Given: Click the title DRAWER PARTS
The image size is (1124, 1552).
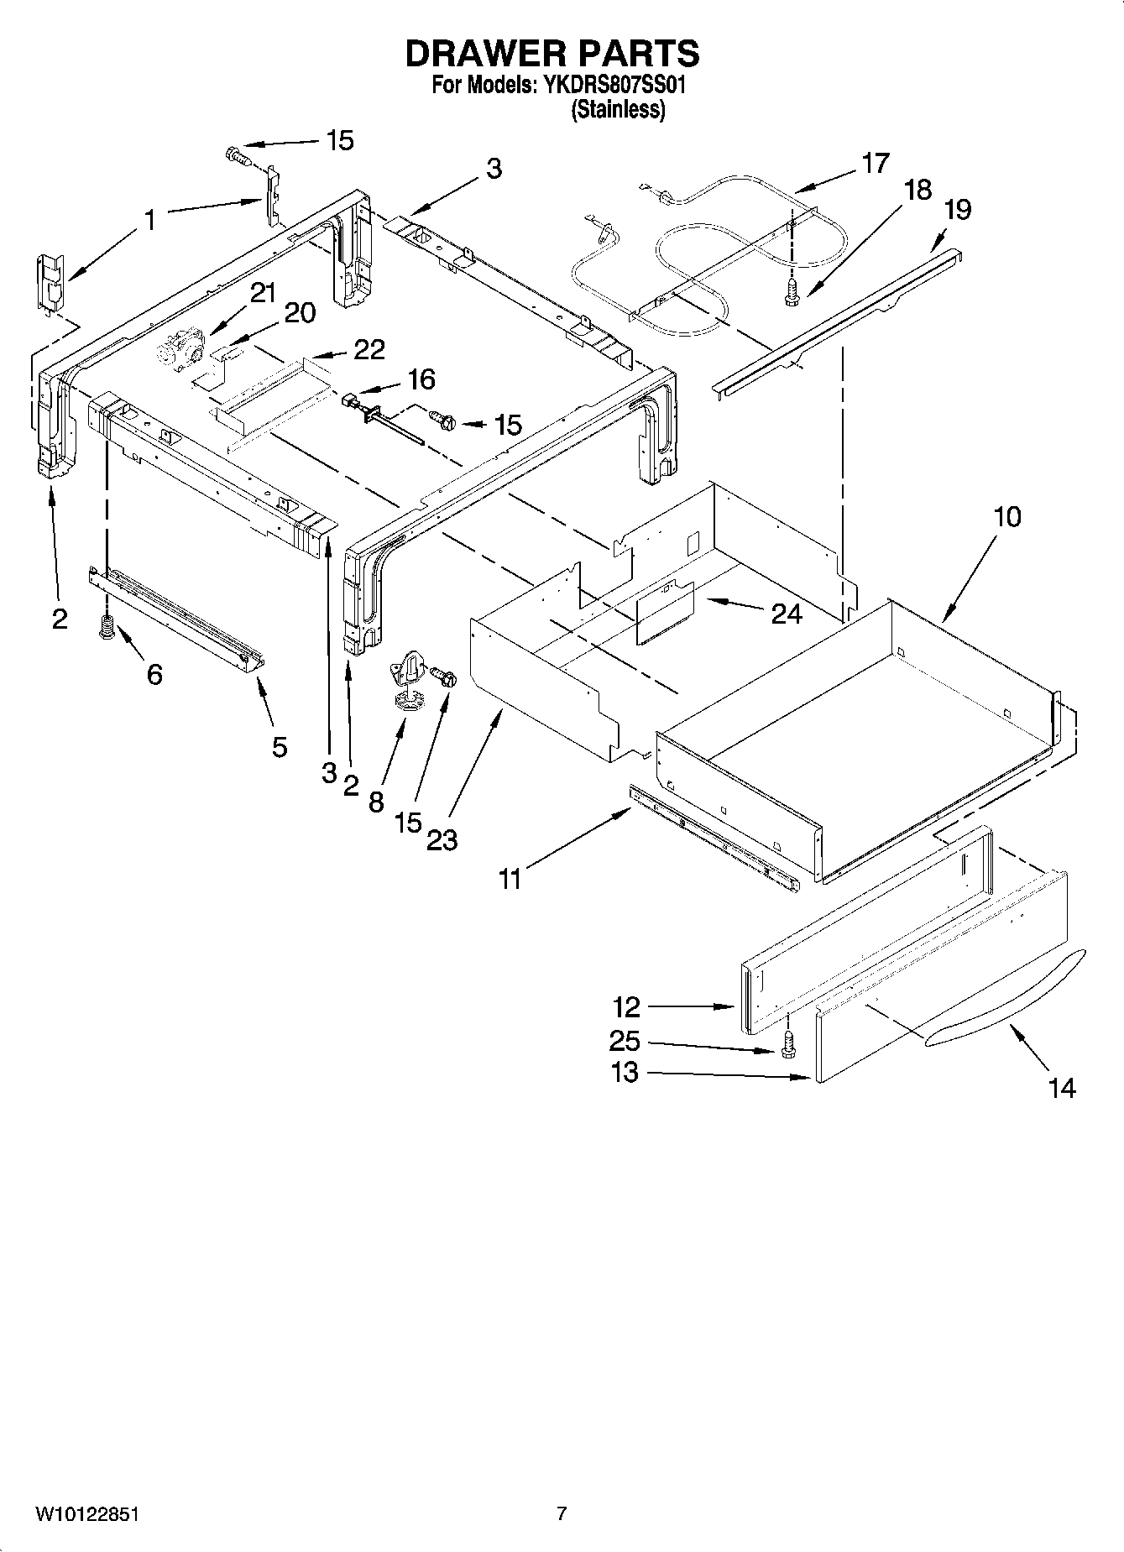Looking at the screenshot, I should pyautogui.click(x=552, y=53).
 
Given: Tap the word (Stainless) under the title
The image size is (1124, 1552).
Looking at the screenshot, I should pyautogui.click(x=618, y=109).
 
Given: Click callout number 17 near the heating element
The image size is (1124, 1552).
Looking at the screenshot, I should pyautogui.click(x=875, y=163).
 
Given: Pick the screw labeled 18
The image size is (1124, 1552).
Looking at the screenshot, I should pyautogui.click(x=789, y=290).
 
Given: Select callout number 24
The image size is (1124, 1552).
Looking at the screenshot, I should pyautogui.click(x=787, y=614).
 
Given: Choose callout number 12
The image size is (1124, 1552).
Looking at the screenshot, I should pyautogui.click(x=626, y=1006).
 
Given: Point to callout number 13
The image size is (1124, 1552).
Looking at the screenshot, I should pyautogui.click(x=625, y=1072).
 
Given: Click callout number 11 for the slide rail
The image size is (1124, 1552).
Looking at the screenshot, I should pyautogui.click(x=510, y=879).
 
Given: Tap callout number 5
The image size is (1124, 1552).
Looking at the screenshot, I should pyautogui.click(x=280, y=746).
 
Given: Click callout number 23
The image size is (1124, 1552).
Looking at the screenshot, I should pyautogui.click(x=442, y=839).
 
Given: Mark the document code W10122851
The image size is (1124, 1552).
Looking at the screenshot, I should pyautogui.click(x=86, y=1514).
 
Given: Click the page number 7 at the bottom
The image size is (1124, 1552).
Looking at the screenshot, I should pyautogui.click(x=562, y=1513).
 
